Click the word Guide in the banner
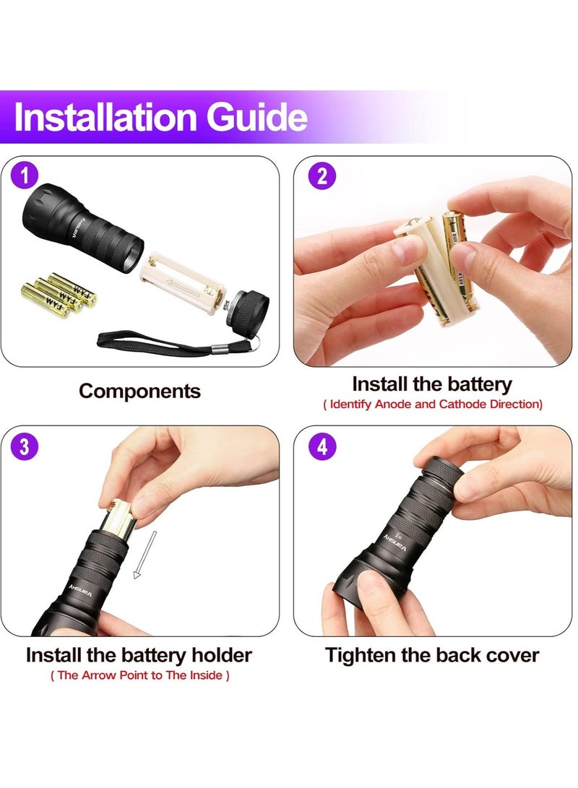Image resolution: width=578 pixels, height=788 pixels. [x=259, y=118]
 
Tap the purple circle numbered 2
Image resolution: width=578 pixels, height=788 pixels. [x=322, y=176]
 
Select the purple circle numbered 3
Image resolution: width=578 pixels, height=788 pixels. [x=25, y=446]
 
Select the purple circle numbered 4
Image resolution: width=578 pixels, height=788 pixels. [x=322, y=446]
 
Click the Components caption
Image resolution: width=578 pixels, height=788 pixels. [x=139, y=391]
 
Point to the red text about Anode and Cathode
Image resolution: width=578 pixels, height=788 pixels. [x=432, y=404]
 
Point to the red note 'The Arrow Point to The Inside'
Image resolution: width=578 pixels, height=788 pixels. [x=139, y=676]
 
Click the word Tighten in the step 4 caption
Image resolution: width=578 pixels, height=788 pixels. [x=361, y=655]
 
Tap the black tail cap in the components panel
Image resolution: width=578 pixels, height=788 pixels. [x=249, y=311]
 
